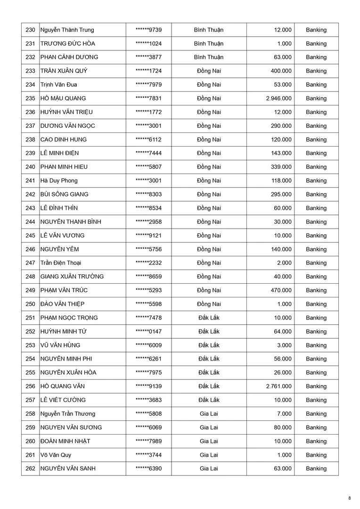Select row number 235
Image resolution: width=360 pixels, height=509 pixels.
tap(30, 99)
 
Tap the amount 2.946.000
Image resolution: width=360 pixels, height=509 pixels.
tap(278, 99)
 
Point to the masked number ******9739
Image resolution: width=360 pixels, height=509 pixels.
tap(148, 30)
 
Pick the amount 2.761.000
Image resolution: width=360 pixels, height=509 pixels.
tap(278, 386)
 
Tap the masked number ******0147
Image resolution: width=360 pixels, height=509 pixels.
tap(148, 331)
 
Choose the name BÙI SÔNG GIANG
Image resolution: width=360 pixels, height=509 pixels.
tap(64, 194)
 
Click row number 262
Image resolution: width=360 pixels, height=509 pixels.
tap(30, 468)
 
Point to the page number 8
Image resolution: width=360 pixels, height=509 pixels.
tap(349, 498)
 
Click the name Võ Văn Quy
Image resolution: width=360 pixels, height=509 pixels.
tap(56, 455)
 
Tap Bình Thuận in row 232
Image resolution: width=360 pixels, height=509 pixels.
tap(209, 57)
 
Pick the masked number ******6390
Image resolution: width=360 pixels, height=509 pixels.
tap(148, 468)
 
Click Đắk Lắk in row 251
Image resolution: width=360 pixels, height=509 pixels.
tap(209, 318)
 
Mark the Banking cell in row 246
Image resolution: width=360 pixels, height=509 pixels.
tap(316, 249)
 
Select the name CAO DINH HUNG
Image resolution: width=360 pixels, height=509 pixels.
tap(64, 140)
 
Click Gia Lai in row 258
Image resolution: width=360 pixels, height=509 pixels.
tap(209, 414)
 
